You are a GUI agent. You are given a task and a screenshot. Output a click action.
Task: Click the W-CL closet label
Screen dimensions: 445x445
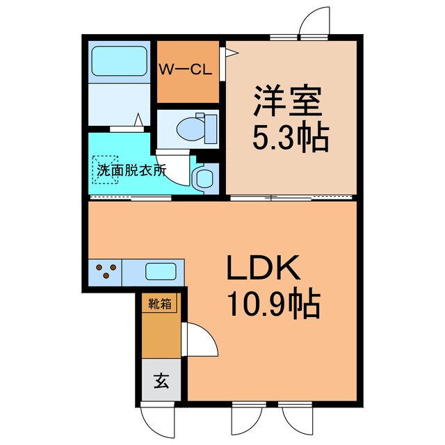point(187,70)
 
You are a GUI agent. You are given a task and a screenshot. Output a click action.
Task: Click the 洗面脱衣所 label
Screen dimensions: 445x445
point(131,170)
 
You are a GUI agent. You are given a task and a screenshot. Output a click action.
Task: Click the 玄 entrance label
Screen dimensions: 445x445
point(161,380)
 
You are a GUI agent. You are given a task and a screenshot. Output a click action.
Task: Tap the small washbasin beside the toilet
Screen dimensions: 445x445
point(203,177)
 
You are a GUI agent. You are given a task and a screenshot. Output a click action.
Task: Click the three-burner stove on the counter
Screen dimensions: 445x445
point(105,270)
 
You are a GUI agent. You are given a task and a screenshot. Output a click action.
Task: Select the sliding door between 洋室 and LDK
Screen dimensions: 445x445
point(292,197)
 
